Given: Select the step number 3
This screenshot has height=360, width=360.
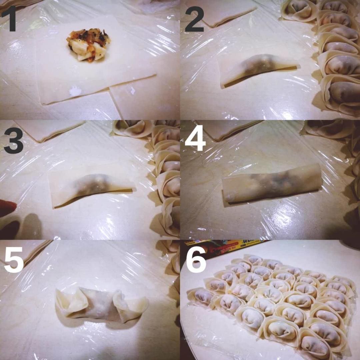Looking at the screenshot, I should coord(13,140).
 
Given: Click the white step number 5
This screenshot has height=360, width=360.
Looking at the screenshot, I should coord(13,260).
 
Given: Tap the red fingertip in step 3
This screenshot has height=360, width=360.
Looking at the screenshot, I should coord(7,208).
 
